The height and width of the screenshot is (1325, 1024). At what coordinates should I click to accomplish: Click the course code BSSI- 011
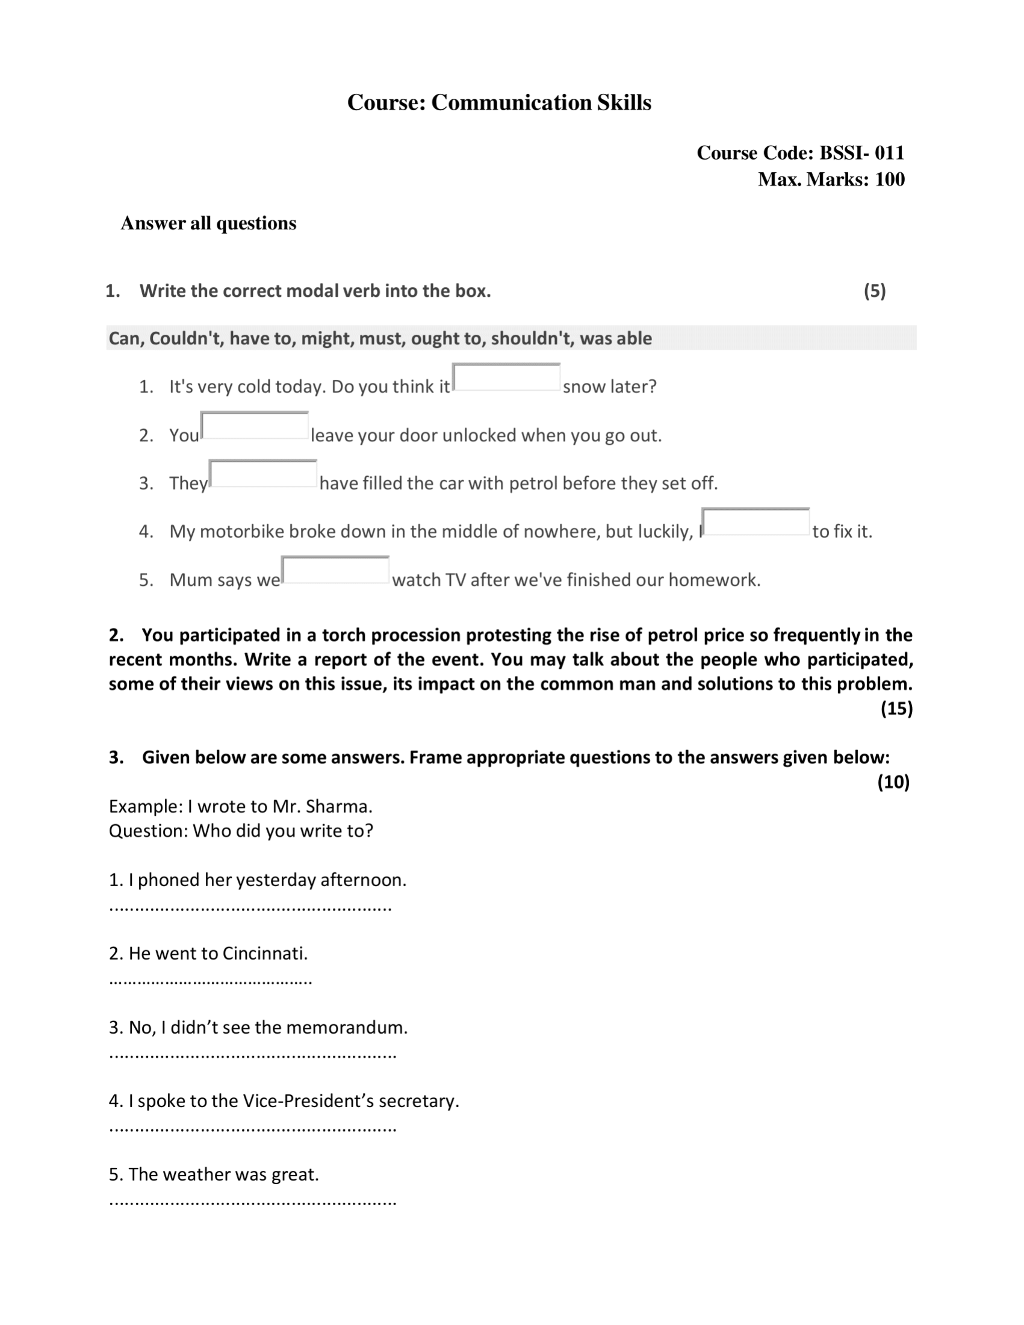click(x=861, y=153)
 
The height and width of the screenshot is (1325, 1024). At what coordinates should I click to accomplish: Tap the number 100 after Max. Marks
click(x=889, y=179)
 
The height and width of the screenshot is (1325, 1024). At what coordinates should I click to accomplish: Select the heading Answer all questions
click(x=208, y=223)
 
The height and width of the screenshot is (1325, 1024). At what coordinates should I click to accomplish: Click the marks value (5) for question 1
click(x=874, y=291)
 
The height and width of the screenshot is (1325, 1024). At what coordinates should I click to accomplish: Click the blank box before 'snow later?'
click(x=506, y=377)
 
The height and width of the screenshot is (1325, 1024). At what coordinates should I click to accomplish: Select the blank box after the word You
click(x=255, y=426)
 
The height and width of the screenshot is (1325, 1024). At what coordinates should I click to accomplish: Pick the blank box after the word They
click(x=263, y=474)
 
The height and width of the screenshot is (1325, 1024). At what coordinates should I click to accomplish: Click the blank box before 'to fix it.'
click(x=756, y=523)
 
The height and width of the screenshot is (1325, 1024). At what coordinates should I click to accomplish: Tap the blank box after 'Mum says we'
click(x=335, y=570)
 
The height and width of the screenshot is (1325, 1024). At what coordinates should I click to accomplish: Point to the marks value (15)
click(x=896, y=709)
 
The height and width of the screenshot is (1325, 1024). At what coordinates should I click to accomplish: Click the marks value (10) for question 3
click(x=893, y=782)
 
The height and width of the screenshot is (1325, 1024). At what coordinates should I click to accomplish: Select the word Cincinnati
click(x=264, y=953)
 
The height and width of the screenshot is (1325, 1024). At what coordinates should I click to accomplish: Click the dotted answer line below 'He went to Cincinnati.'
click(x=211, y=981)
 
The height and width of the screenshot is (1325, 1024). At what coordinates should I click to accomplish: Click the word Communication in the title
click(x=511, y=102)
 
